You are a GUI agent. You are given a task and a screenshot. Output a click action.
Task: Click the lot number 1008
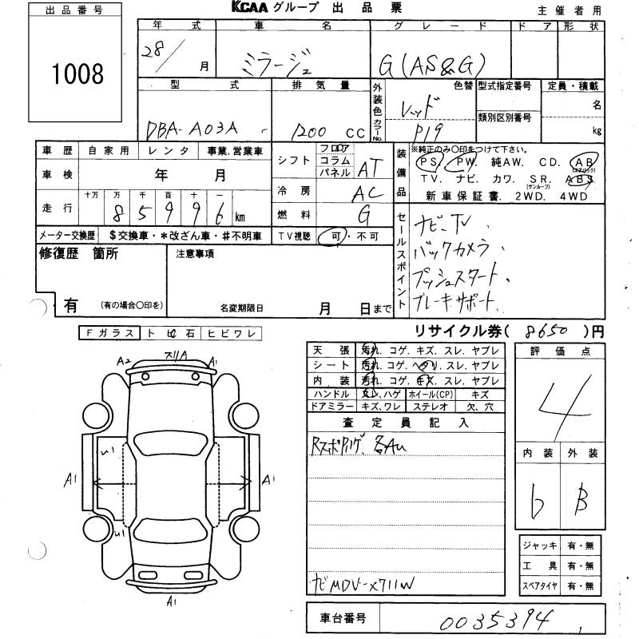pyautogui.click(x=77, y=73)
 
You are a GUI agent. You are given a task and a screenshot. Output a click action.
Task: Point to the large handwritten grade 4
pyautogui.click(x=567, y=403)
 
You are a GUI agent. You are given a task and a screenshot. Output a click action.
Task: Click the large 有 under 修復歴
pyautogui.click(x=71, y=305)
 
